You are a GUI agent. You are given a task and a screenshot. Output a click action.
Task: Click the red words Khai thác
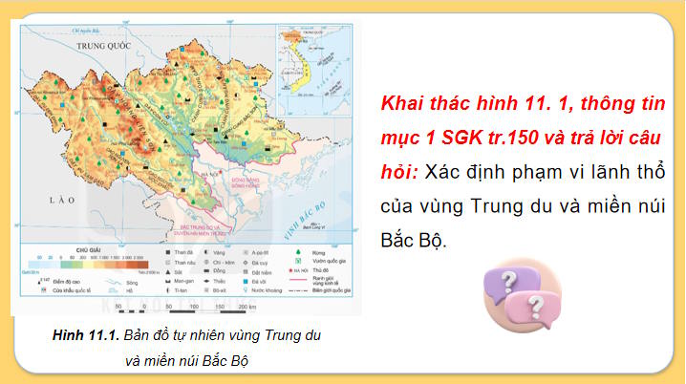tap(420, 100)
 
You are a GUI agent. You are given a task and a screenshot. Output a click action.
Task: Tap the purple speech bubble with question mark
tap(507, 280)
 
